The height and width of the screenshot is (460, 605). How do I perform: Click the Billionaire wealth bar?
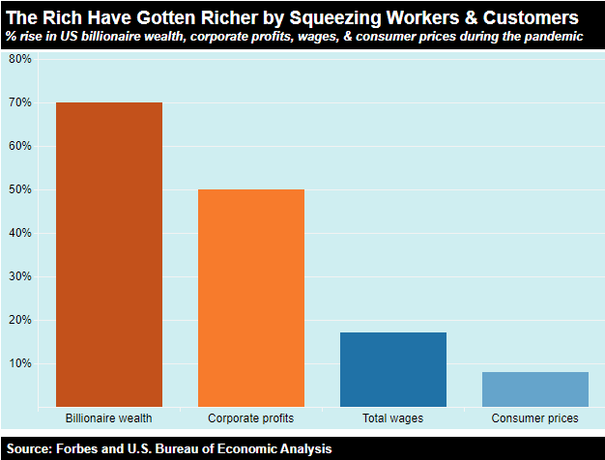click(x=109, y=254)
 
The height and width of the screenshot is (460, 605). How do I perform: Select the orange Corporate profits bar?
click(x=251, y=298)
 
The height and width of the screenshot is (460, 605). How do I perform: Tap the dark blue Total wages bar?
click(x=393, y=369)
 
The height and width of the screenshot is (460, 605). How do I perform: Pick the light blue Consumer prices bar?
click(x=535, y=388)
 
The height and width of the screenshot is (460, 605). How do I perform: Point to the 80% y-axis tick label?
click(x=20, y=59)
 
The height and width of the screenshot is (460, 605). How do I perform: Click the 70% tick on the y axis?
click(x=20, y=102)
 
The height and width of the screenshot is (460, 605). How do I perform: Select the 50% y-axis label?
click(x=20, y=189)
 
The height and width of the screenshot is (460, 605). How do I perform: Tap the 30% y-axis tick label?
click(x=20, y=276)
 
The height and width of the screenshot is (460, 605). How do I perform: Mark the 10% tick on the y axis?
click(x=20, y=363)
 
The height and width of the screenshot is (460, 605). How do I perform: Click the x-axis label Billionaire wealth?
click(x=109, y=418)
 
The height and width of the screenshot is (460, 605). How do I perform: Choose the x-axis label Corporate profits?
click(x=251, y=418)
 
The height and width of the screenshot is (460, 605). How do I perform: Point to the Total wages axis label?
click(x=393, y=418)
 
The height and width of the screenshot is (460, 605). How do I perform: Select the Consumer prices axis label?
click(x=535, y=418)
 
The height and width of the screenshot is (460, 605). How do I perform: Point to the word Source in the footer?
click(x=31, y=448)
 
